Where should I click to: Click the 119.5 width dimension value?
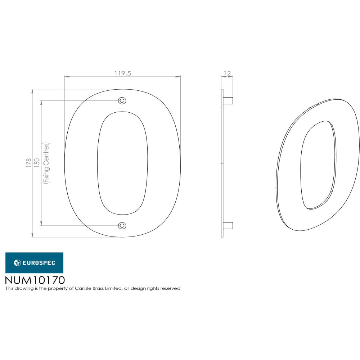123,73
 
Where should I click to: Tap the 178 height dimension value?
28,163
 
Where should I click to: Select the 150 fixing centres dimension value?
37,163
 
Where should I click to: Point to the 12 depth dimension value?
227,73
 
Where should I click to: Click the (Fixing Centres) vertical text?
46,163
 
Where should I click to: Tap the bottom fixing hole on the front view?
122,226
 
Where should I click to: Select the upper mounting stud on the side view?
228,100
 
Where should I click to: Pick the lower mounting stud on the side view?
228,226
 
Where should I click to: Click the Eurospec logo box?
34,263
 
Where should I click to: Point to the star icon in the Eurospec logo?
17,263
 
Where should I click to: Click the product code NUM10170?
35,280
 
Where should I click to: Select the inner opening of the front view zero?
122,163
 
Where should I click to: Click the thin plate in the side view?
222,163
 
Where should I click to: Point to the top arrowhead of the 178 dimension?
32,91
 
